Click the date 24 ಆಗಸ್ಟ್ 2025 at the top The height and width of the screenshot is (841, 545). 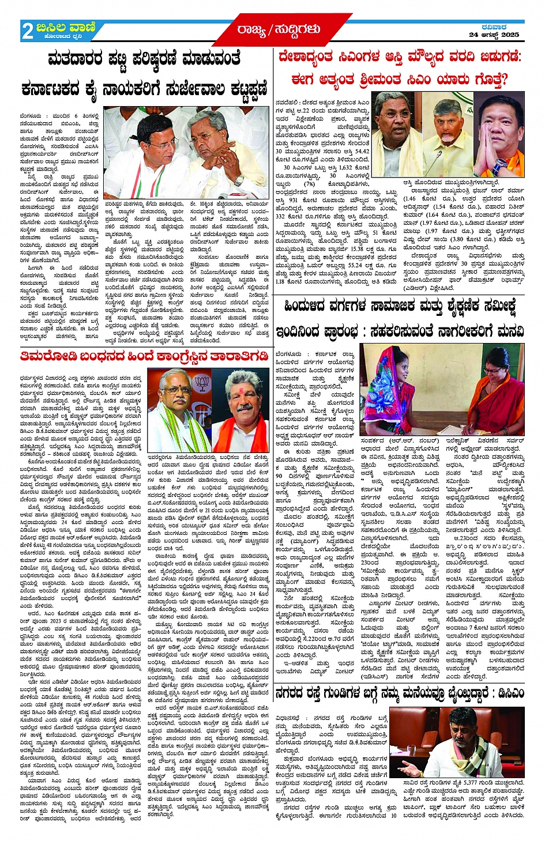coord(494,35)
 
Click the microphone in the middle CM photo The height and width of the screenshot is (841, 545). coord(450,161)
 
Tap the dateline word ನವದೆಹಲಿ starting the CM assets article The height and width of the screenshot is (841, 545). coord(287,103)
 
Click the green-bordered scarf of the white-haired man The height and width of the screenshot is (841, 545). coord(173,427)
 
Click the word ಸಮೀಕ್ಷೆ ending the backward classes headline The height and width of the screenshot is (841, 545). coord(502,306)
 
